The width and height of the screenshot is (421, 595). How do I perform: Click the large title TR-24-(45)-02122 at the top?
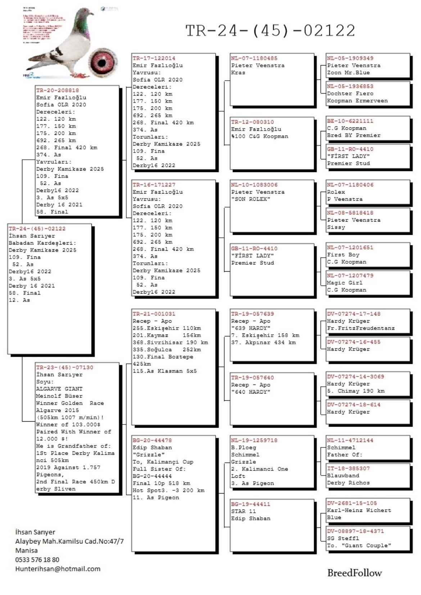click(270, 31)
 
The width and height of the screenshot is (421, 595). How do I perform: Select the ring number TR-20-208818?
click(58, 90)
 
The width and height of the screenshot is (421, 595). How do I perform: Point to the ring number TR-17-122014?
click(154, 58)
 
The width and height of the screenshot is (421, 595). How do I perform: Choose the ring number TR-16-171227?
click(154, 185)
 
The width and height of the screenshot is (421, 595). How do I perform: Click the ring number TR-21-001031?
click(154, 314)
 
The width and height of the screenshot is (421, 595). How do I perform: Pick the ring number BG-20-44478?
click(152, 440)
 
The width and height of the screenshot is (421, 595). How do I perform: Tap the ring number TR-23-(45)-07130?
click(65, 367)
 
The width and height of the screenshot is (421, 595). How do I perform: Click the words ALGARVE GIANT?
click(59, 389)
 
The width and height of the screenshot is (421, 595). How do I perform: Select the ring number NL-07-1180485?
click(254, 58)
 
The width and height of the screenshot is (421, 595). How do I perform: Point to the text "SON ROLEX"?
click(251, 199)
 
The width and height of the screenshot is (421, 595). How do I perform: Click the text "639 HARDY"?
click(251, 328)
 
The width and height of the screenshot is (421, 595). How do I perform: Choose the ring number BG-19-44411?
click(251, 504)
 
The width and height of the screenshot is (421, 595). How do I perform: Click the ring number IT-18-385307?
click(348, 468)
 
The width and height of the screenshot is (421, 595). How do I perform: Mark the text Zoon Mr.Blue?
click(348, 73)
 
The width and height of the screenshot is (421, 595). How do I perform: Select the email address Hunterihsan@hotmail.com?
click(58, 569)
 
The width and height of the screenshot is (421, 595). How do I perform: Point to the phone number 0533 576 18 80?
click(37, 559)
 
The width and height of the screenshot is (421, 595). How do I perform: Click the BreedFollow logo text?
click(354, 573)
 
